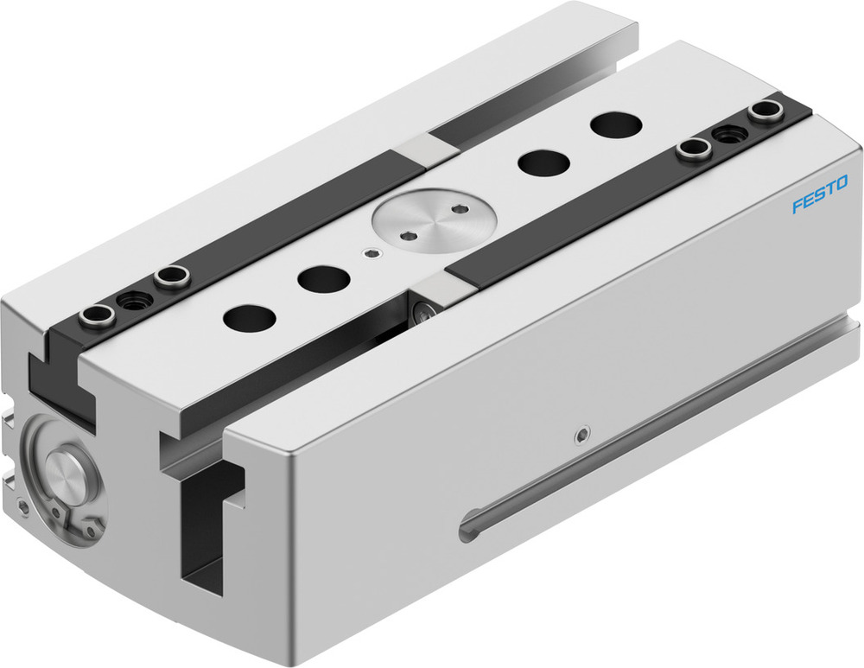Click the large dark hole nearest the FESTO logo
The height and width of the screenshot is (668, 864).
(x=616, y=124)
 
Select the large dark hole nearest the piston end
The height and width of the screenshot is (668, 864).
(x=249, y=317)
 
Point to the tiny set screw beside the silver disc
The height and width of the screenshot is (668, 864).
(x=372, y=253)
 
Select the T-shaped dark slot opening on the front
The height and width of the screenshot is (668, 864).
(x=205, y=518)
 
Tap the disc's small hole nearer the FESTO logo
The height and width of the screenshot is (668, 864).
(x=457, y=208)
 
